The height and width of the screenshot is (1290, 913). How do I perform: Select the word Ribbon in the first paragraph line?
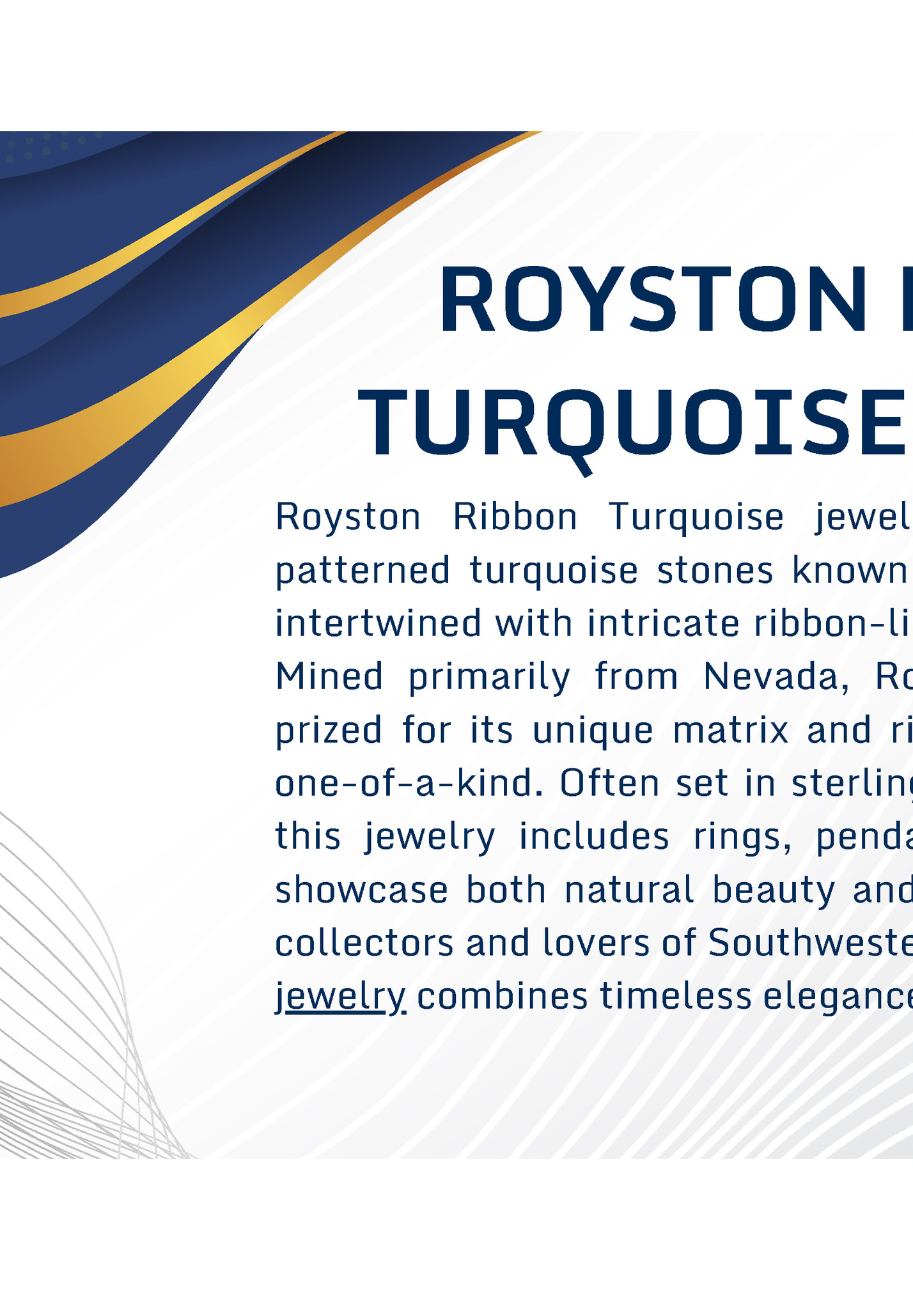point(515,517)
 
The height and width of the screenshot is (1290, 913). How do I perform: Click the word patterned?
point(363,570)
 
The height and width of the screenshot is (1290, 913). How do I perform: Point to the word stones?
point(715,570)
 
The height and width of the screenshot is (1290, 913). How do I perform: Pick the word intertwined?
point(378,623)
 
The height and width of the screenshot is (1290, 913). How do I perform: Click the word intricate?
point(663,623)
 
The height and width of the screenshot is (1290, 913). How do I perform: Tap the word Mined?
point(329,676)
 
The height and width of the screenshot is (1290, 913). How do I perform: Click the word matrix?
point(731,730)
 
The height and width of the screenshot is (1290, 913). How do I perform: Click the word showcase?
point(362,890)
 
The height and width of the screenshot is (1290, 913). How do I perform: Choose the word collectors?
point(363,943)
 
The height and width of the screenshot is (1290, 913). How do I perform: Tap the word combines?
point(502,996)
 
